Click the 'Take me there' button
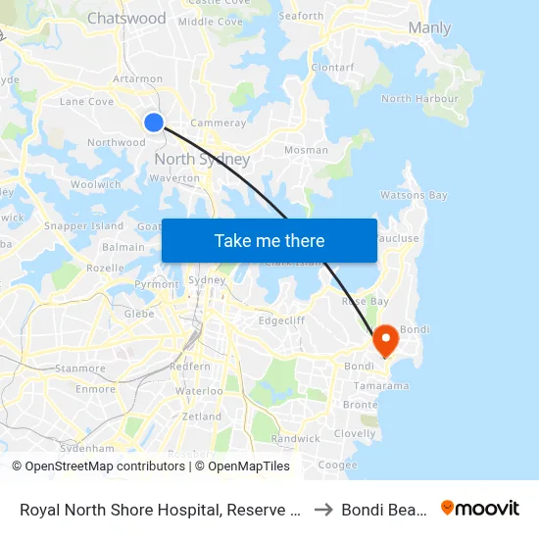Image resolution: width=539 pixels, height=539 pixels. (269, 240)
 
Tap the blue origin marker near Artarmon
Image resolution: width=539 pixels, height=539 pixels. (154, 122)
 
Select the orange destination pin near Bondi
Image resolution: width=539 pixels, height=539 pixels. (385, 340)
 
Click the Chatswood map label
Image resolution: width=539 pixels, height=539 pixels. (126, 19)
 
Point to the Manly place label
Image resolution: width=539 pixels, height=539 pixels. (429, 27)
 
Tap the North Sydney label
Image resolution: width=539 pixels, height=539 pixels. (202, 160)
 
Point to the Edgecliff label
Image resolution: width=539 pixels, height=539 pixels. (281, 319)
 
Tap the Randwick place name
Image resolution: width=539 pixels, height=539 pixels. (296, 438)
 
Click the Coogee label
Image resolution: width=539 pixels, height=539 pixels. (338, 465)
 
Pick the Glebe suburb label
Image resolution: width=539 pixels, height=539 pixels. (139, 314)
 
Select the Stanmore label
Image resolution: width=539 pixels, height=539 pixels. (80, 368)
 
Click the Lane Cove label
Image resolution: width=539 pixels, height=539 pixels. (87, 101)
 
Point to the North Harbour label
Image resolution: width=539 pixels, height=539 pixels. (419, 99)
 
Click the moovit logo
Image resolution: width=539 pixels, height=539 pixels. (480, 509)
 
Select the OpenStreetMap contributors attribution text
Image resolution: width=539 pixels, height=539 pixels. (99, 466)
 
